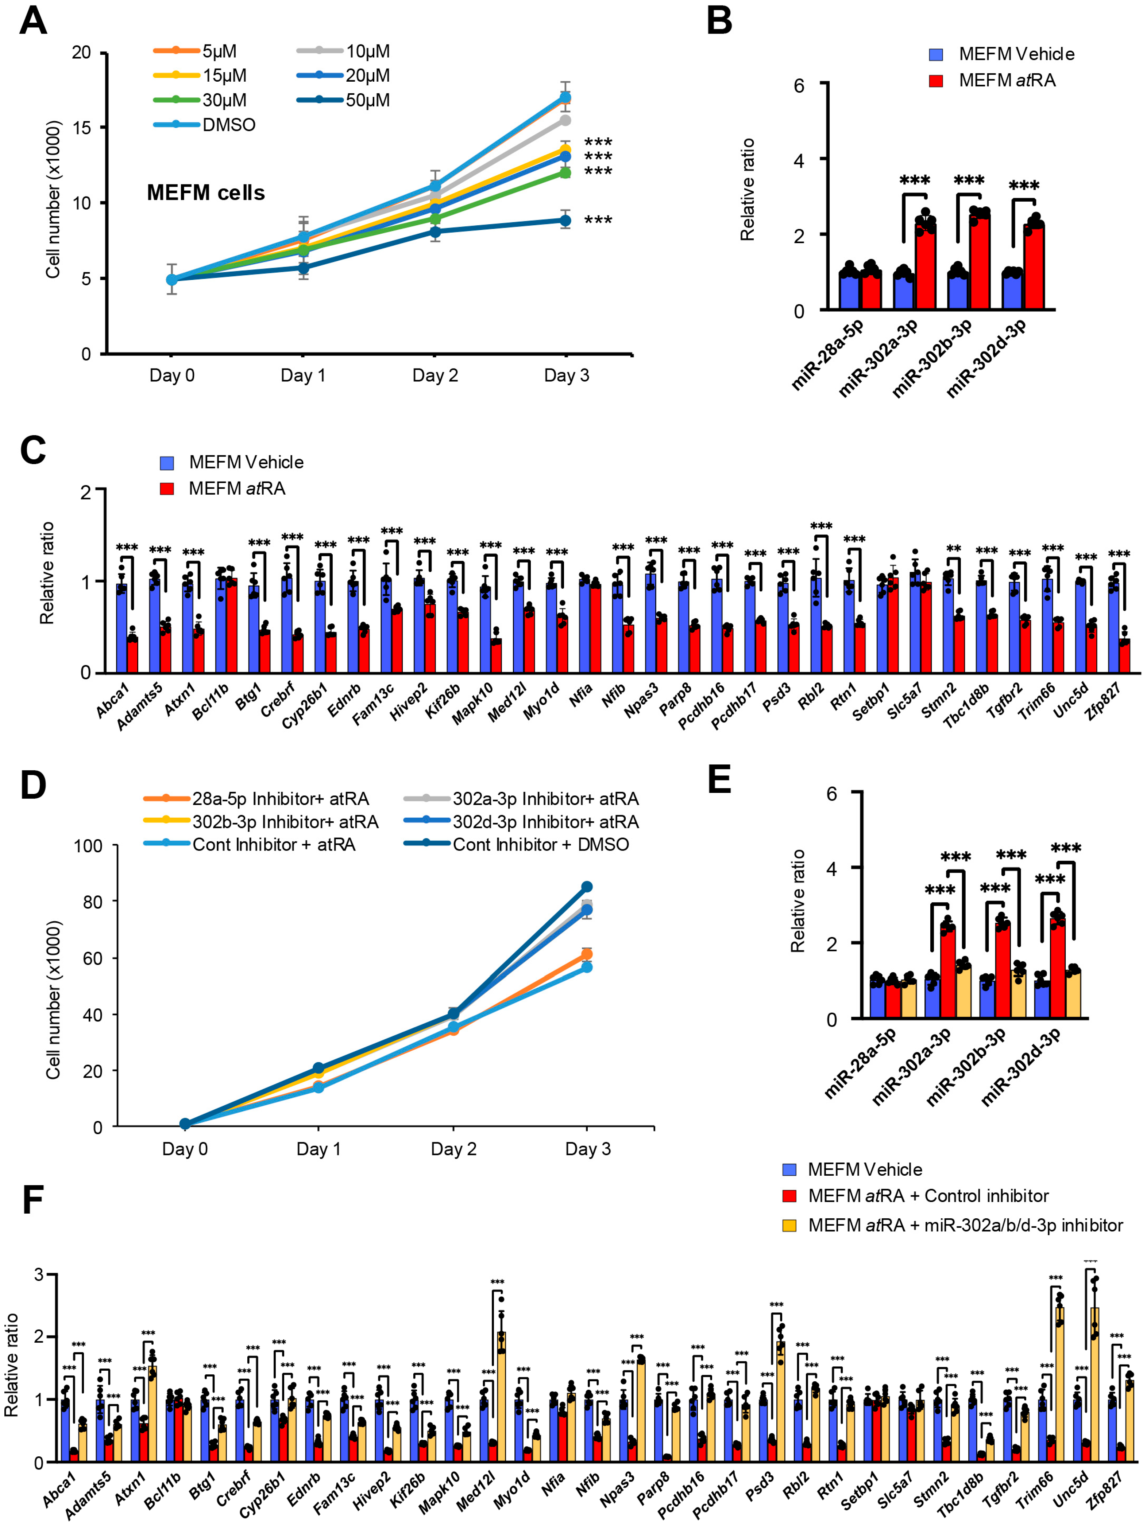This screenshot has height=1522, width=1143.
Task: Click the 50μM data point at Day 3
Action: pos(565,220)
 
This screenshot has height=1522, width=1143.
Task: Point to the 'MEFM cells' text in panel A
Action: pos(205,192)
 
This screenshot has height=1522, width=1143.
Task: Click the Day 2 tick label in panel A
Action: pos(435,375)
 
